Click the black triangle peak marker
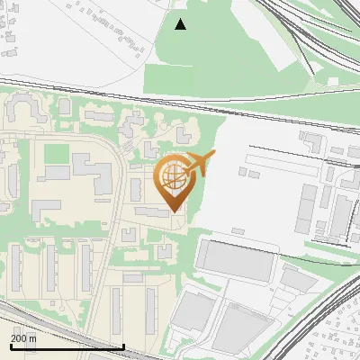(x=181, y=24)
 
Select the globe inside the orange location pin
(x=174, y=178)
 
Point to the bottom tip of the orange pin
(x=175, y=211)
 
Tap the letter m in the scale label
(x=34, y=338)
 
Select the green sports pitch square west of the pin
(x=56, y=154)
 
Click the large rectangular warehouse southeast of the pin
(x=233, y=260)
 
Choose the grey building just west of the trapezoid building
(x=190, y=311)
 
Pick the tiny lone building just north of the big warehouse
(x=238, y=231)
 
